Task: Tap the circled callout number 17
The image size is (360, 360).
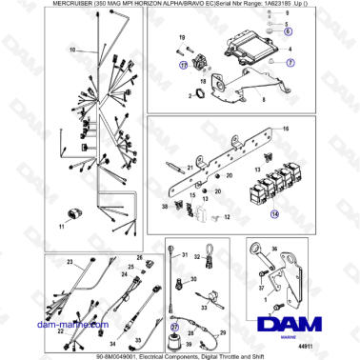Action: (x=183, y=65)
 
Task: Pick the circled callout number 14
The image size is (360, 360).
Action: (x=276, y=216)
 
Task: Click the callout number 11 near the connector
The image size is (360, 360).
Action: (x=62, y=228)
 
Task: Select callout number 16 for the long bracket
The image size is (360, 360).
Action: (x=286, y=127)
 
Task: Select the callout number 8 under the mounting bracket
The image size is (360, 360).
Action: (x=261, y=98)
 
